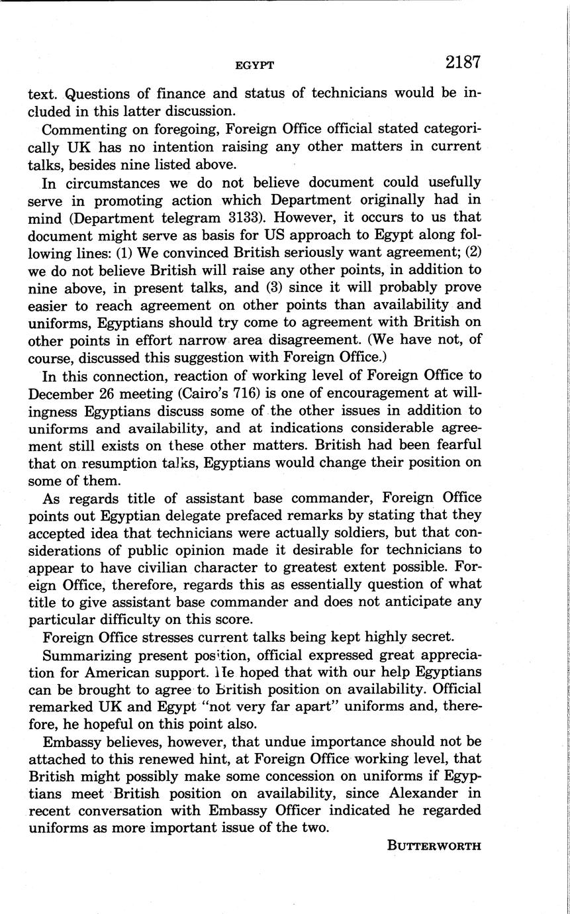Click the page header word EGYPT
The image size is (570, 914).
click(255, 65)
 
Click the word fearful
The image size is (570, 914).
click(446, 444)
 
